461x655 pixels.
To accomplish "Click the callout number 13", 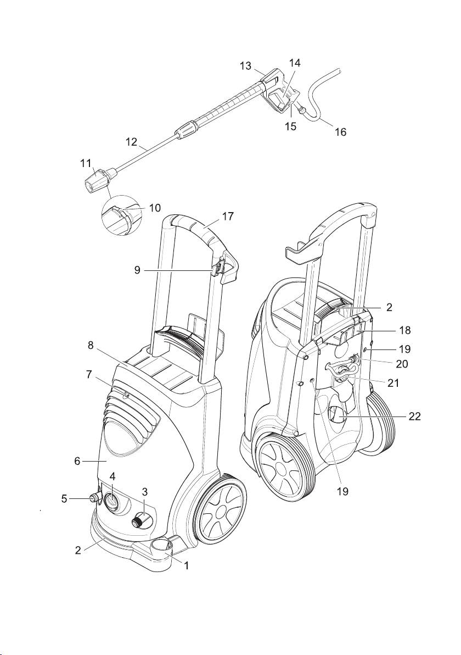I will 245,66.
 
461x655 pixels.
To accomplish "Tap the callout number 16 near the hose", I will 340,132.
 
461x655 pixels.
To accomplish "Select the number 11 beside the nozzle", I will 85,164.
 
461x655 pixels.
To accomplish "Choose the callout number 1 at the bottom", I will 186,565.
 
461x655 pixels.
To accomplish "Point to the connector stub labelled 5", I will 91,498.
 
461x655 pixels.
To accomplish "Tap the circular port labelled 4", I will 111,501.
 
